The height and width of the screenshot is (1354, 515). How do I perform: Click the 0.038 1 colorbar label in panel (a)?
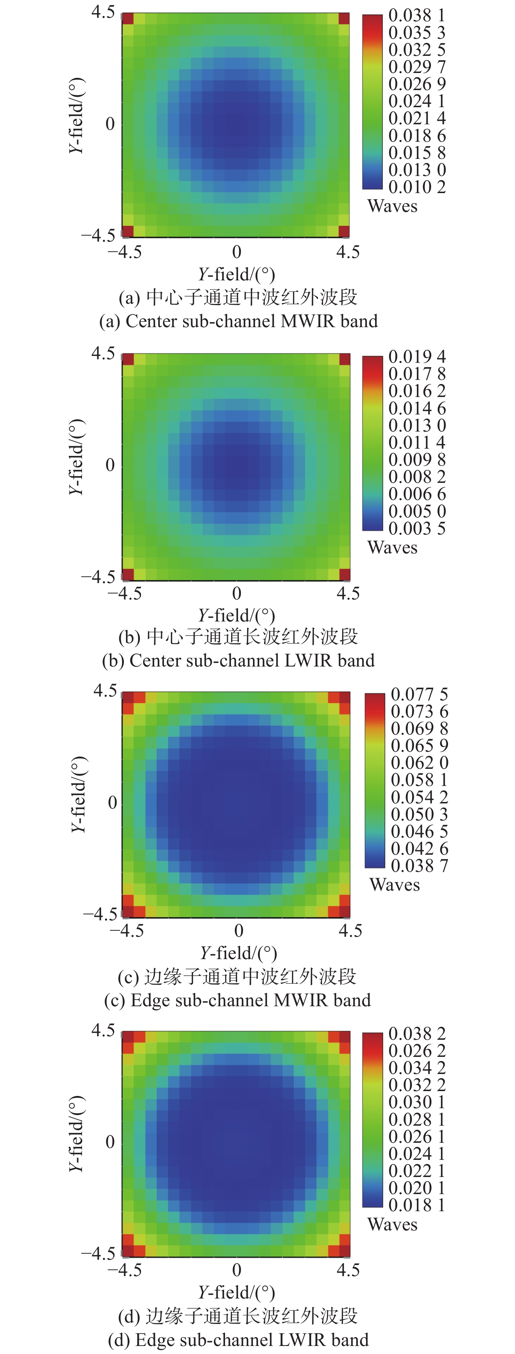417,15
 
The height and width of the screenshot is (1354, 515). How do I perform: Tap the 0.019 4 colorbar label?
417,357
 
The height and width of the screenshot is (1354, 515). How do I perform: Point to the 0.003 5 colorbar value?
417,528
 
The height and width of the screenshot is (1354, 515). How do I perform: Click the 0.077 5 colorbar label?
419,694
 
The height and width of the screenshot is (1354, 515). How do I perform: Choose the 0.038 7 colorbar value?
419,865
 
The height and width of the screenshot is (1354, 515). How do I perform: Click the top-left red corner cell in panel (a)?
128,19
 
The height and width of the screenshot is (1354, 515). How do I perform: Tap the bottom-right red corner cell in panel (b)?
344,574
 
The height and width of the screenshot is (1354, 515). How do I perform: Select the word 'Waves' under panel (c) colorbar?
395,885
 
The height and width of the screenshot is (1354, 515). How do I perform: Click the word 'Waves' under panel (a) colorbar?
393,206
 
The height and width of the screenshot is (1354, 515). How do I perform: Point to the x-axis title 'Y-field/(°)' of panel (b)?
237,616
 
